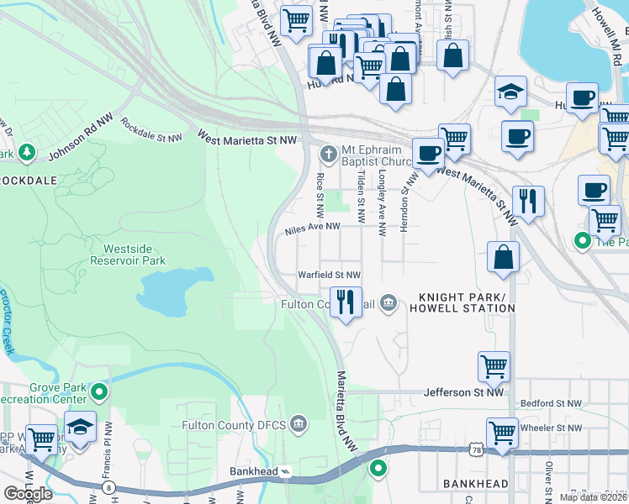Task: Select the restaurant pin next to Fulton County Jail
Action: pyautogui.click(x=346, y=302)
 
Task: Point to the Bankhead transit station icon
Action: pyautogui.click(x=285, y=471)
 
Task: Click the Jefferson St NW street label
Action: pyautogui.click(x=463, y=392)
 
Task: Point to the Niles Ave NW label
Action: pyautogui.click(x=312, y=227)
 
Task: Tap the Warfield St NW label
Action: pyautogui.click(x=330, y=275)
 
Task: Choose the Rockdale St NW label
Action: pyautogui.click(x=151, y=129)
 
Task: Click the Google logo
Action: pyautogui.click(x=28, y=493)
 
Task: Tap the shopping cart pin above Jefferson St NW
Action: pyautogui.click(x=494, y=366)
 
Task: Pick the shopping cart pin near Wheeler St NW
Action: pyautogui.click(x=502, y=433)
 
